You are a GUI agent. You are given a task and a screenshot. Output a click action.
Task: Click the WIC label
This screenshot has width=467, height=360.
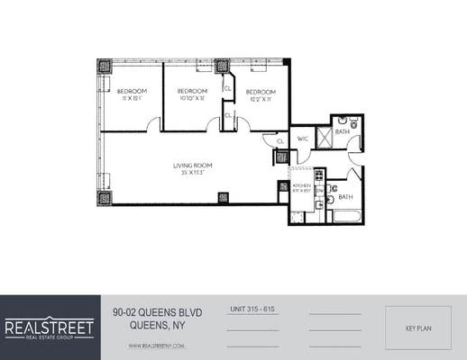pyautogui.click(x=303, y=139)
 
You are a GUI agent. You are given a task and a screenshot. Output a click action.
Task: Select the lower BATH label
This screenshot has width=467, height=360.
pyautogui.click(x=347, y=196)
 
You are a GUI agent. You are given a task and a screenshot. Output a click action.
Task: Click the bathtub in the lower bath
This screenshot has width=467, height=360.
pyautogui.click(x=345, y=215)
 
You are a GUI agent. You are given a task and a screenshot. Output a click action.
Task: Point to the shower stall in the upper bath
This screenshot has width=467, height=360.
pyautogui.click(x=353, y=144)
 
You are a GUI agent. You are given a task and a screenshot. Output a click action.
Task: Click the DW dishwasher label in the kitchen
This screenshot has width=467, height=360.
pyautogui.click(x=318, y=189)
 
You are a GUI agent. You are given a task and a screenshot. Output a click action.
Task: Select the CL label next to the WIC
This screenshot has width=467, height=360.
pyautogui.click(x=281, y=141)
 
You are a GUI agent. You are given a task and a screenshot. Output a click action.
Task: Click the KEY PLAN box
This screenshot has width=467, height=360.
pyautogui.click(x=417, y=328)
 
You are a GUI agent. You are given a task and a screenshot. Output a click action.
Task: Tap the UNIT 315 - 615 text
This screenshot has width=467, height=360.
pyautogui.click(x=252, y=310)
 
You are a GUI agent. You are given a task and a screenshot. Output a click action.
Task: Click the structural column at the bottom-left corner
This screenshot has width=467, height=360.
pyautogui.click(x=105, y=198)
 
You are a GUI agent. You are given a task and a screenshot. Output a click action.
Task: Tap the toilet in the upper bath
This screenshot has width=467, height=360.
pyautogui.click(x=343, y=121)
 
